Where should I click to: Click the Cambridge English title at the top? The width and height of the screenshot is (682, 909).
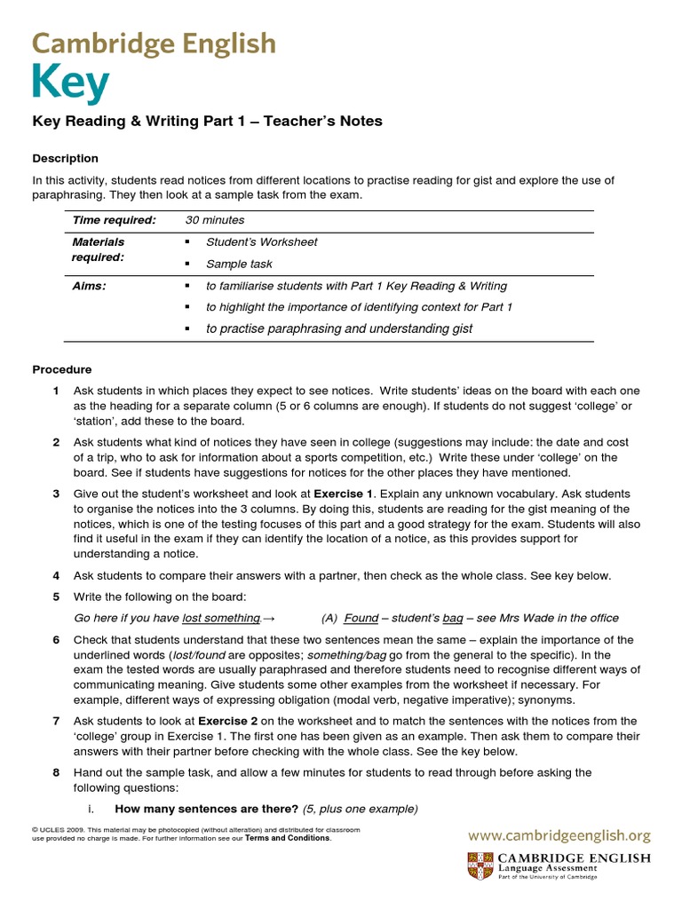click(x=154, y=43)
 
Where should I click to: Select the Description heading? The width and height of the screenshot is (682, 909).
click(x=66, y=158)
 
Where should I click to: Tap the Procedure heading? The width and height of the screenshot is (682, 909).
click(x=62, y=369)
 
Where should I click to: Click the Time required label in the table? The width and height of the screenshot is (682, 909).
click(x=114, y=220)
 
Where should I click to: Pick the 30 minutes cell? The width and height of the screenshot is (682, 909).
click(x=215, y=220)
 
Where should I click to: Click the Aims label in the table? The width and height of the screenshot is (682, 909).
click(x=89, y=286)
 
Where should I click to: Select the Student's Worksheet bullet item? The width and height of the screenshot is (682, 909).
click(x=261, y=241)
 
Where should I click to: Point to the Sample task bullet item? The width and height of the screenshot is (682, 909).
click(x=239, y=264)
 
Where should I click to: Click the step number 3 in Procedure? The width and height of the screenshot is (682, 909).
click(x=56, y=494)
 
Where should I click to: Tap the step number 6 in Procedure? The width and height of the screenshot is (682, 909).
click(x=56, y=640)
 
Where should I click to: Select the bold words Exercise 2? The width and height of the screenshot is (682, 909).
click(x=230, y=721)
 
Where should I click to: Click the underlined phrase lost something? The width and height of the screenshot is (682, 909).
click(x=221, y=619)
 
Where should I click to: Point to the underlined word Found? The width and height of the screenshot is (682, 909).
click(x=361, y=619)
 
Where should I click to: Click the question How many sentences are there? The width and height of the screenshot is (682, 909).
click(x=207, y=809)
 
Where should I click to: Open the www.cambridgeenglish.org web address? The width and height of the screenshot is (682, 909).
click(x=559, y=835)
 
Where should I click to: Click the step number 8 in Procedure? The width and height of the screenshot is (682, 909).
click(x=56, y=772)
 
